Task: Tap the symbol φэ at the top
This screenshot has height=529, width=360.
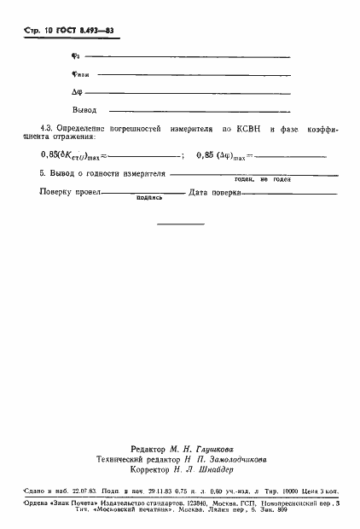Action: (x=76, y=56)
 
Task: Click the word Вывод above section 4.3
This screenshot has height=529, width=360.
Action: (x=84, y=110)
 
